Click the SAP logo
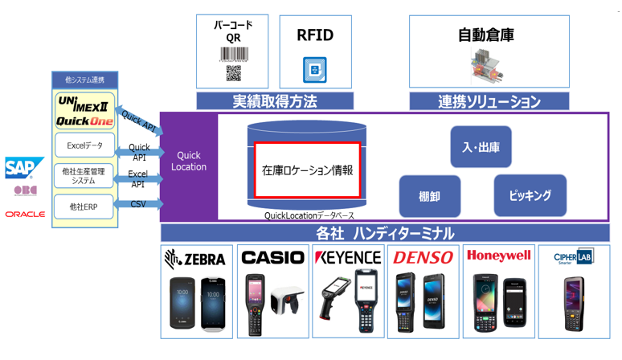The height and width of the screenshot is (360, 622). click(x=19, y=167)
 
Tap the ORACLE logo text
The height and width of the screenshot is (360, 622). click(x=24, y=215)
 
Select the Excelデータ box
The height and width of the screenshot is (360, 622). click(x=84, y=145)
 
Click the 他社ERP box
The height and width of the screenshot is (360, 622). click(x=84, y=207)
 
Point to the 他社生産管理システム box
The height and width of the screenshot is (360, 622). click(x=84, y=176)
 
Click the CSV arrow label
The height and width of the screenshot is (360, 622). click(x=138, y=205)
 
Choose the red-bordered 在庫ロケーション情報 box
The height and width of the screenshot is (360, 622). click(x=307, y=170)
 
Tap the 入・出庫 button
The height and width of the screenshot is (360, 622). click(x=481, y=147)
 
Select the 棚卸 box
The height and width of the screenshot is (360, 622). click(x=430, y=196)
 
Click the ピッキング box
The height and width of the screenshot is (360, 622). click(x=530, y=195)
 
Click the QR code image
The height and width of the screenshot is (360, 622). click(x=233, y=74)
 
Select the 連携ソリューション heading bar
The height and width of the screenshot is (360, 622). click(x=489, y=102)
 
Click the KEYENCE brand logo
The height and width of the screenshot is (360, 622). click(x=348, y=258)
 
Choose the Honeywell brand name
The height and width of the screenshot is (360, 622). click(x=498, y=256)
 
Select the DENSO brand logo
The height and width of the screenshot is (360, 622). click(x=423, y=258)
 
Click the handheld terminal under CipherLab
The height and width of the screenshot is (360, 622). click(x=573, y=304)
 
